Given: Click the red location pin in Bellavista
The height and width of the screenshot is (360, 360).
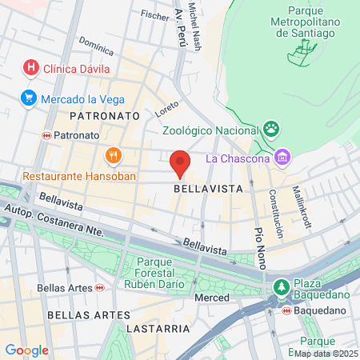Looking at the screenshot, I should [180, 162].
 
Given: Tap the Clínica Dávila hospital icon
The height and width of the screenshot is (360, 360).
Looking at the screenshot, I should [31, 67].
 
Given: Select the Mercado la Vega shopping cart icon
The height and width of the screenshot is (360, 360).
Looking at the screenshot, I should [28, 99].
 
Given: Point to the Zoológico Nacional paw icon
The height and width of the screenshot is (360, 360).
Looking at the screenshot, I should [273, 128].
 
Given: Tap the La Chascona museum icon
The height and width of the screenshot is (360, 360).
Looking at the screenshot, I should [282, 158].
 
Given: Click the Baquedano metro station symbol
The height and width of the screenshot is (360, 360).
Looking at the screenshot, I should [286, 310].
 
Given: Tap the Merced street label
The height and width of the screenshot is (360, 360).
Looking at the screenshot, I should [212, 298].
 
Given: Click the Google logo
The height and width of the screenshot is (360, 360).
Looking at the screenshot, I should [26, 350].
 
